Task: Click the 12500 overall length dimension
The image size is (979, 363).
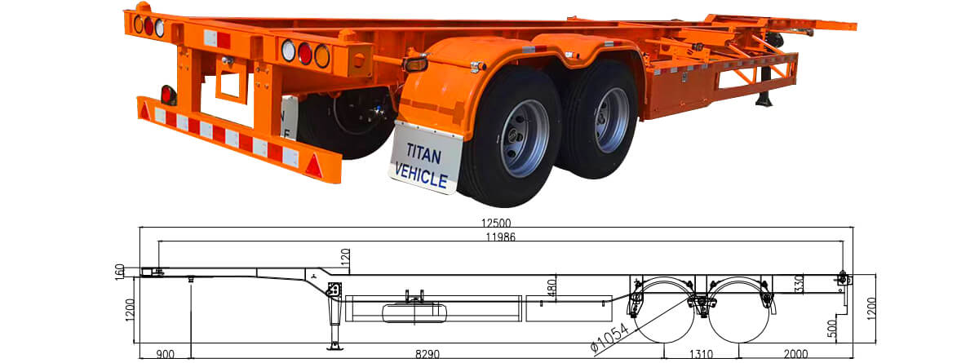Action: (x=496, y=224)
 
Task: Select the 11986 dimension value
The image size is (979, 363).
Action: (x=500, y=237)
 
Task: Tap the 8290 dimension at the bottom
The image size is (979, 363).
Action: (x=427, y=354)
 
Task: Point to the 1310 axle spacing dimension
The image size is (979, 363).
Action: (x=701, y=354)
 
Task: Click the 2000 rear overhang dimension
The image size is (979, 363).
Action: (x=795, y=354)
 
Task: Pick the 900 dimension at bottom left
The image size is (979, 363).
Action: (x=165, y=354)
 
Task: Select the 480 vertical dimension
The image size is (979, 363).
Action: (x=552, y=288)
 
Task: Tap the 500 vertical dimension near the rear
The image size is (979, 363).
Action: (x=832, y=328)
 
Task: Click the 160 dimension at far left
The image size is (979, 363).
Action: (x=120, y=272)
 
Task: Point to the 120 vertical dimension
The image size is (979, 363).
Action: (x=345, y=257)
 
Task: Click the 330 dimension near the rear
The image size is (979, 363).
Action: (x=799, y=283)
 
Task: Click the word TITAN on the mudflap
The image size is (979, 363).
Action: (x=423, y=153)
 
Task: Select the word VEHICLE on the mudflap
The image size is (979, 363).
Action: (x=421, y=175)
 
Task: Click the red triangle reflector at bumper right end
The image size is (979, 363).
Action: (x=313, y=166)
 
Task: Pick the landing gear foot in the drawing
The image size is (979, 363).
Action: (x=334, y=348)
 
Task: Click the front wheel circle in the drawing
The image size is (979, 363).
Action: (x=664, y=310)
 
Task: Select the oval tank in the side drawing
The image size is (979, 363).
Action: (x=414, y=312)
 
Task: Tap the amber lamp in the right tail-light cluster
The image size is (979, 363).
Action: (x=322, y=56)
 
